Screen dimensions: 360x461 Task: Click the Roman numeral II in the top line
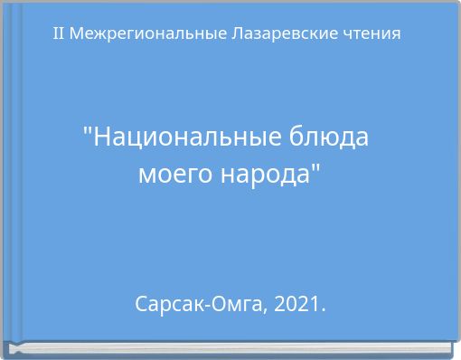click(59, 33)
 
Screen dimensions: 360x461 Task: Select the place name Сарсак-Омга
click(199, 304)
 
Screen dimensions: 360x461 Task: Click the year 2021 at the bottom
click(296, 304)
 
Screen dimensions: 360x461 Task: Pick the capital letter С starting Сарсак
click(141, 304)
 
